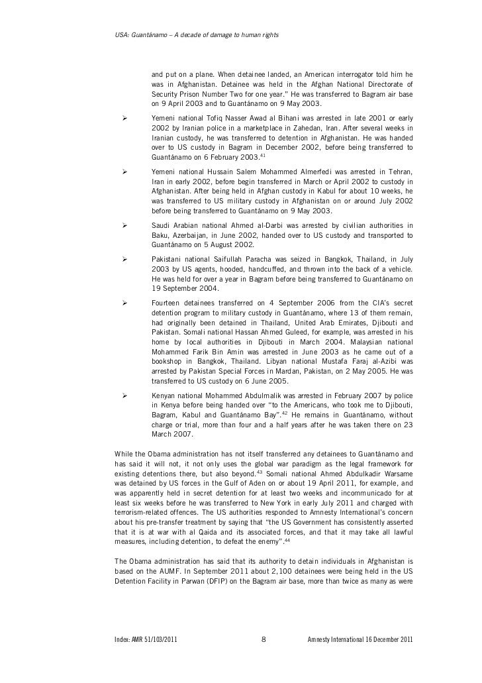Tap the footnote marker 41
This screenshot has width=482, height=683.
point(263,155)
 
